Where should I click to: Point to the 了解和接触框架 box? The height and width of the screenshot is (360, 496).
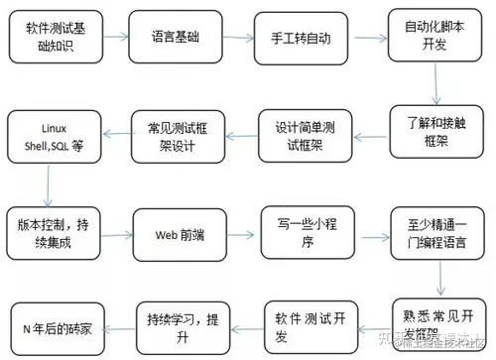[x=430, y=133]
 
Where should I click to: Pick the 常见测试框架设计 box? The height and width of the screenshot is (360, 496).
[x=180, y=136]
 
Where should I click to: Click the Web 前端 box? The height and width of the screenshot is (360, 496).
[x=180, y=234]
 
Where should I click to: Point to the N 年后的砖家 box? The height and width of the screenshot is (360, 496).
[x=56, y=325]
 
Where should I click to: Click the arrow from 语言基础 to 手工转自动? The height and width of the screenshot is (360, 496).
[x=239, y=38]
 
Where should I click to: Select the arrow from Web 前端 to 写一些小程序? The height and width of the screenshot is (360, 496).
[x=242, y=234]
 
